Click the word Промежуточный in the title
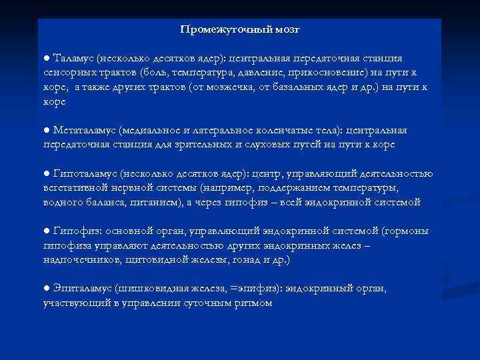coord(222,30)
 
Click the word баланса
coord(105,201)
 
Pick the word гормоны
coord(405,231)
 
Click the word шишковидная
coord(155,289)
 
